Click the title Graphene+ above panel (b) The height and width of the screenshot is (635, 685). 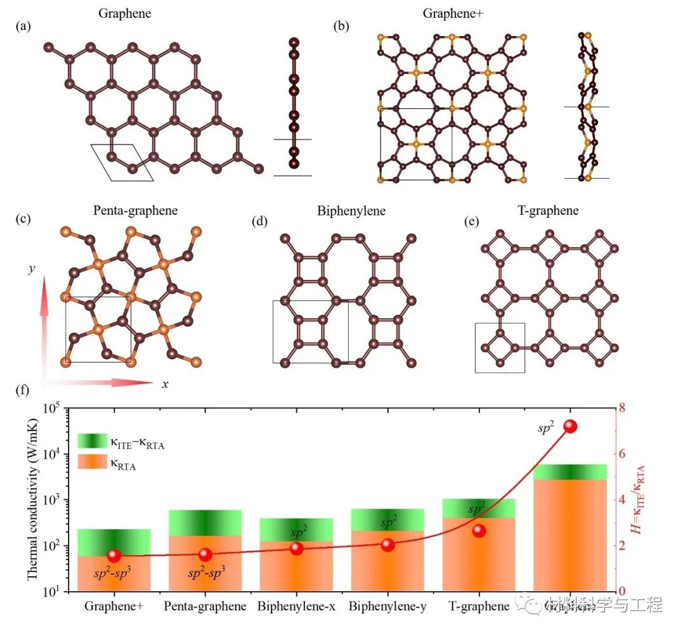tap(450, 12)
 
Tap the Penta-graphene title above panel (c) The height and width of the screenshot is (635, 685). tap(134, 210)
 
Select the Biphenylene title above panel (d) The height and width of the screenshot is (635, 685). tap(351, 210)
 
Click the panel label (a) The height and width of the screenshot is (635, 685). tap(23, 26)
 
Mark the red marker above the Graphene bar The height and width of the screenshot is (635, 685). tap(570, 426)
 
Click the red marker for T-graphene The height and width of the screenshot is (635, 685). tap(479, 531)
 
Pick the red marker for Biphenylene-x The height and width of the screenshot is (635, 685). tap(296, 548)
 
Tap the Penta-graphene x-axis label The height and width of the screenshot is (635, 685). tap(205, 606)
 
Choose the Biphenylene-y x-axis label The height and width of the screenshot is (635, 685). tap(388, 606)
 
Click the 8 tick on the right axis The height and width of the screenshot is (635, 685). tap(613, 407)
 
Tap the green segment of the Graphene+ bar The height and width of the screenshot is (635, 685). tap(114, 542)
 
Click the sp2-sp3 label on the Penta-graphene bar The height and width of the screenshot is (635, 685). tap(205, 574)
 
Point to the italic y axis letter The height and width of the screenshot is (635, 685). tap(30, 269)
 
